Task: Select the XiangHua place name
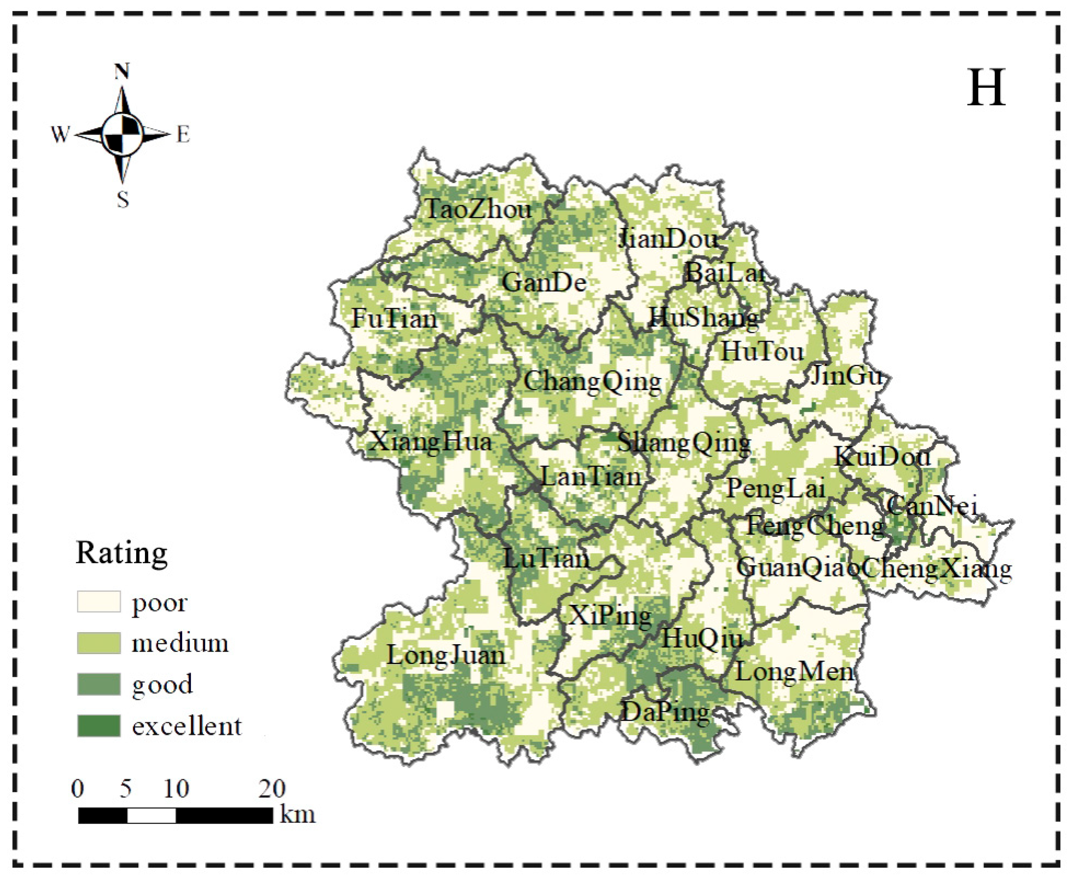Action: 431,443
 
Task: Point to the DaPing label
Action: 665,713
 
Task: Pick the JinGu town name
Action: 846,376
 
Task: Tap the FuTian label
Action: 395,319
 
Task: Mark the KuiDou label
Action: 882,457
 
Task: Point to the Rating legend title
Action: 121,553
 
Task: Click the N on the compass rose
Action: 122,71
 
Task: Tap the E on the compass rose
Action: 183,135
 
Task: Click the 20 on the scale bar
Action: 272,788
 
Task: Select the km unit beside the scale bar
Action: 298,814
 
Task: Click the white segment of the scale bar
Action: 151,815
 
